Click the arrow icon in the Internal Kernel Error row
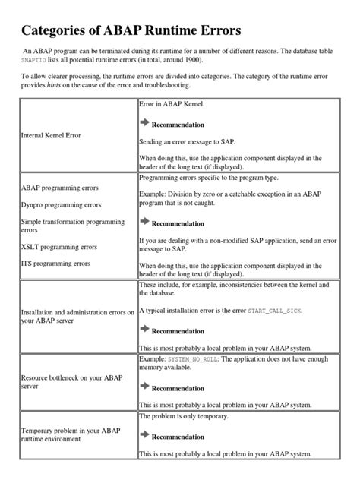pos(145,122)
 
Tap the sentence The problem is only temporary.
pos(190,417)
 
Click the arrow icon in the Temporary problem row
pos(145,436)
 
